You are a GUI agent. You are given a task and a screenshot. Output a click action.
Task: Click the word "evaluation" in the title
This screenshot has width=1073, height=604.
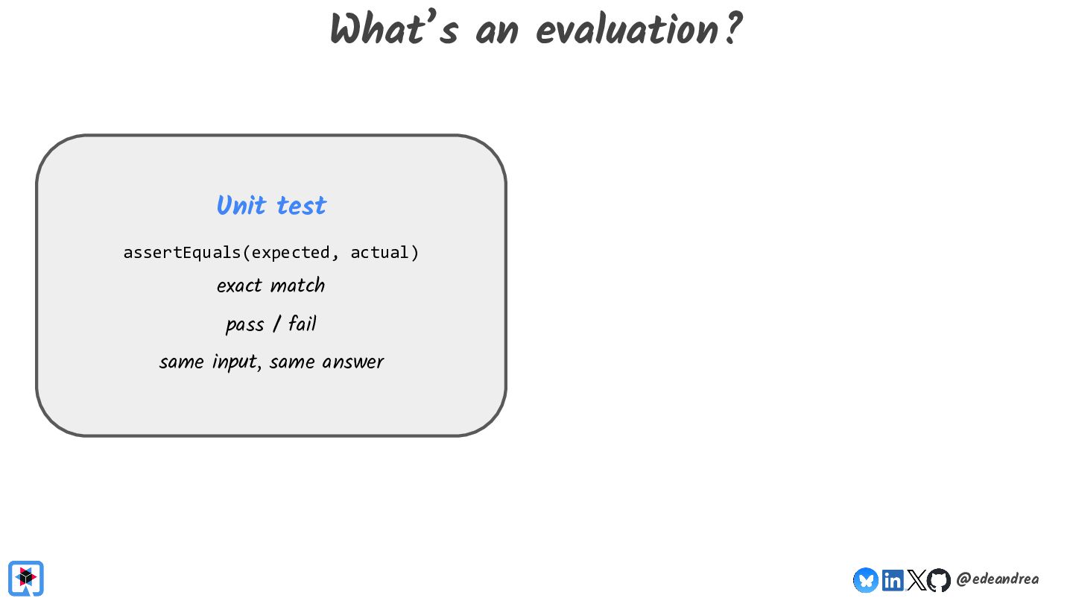click(x=627, y=29)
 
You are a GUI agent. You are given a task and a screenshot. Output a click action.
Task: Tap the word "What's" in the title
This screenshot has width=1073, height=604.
click(x=393, y=28)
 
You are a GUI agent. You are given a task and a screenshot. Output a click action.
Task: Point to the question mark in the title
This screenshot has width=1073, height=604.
click(x=733, y=28)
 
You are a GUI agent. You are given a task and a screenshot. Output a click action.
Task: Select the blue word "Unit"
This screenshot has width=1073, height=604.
click(x=241, y=205)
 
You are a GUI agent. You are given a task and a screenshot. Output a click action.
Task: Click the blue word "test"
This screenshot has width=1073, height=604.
click(x=301, y=206)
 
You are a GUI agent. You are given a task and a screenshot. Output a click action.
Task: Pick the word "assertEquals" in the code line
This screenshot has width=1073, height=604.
click(x=182, y=253)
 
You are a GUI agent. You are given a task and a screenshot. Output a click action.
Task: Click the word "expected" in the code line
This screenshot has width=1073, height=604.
click(x=291, y=253)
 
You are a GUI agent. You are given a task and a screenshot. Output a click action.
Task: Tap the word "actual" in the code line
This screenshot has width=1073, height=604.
click(x=379, y=253)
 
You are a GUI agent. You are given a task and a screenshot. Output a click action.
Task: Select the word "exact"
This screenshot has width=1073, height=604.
click(x=239, y=286)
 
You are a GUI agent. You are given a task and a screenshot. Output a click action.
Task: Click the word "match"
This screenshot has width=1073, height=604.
click(x=297, y=285)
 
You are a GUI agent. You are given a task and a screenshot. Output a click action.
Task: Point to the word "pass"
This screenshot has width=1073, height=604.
click(x=244, y=325)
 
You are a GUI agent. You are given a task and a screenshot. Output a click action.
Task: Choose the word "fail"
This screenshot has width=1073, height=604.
click(x=303, y=323)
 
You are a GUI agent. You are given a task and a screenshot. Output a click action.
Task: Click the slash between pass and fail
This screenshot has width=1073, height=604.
click(x=276, y=324)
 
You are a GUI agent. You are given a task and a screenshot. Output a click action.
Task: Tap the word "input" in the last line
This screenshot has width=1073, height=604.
click(x=234, y=362)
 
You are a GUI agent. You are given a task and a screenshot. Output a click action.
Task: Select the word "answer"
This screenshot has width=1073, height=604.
click(x=353, y=362)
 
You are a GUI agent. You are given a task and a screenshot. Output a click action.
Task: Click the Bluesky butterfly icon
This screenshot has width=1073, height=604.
click(x=866, y=580)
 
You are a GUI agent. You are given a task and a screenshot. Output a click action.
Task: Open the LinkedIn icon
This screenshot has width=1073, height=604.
click(x=893, y=580)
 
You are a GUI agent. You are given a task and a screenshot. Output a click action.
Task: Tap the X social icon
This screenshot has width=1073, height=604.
click(x=917, y=580)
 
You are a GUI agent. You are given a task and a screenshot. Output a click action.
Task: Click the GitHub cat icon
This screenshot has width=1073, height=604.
click(x=938, y=580)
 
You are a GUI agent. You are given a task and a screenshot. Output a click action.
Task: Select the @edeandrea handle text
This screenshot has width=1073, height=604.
click(x=997, y=579)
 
